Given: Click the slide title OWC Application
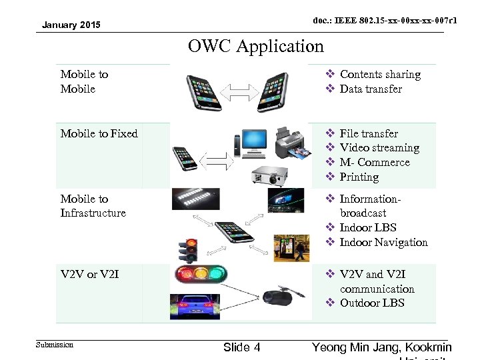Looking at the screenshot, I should [255, 46].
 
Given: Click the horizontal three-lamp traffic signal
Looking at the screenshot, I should [201, 274].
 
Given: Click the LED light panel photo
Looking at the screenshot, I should [196, 198].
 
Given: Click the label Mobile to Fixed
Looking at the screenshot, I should [99, 133].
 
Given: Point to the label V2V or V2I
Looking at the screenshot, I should [90, 274].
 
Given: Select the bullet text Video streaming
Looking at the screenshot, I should [379, 148].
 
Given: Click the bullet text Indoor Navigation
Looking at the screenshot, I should [383, 242].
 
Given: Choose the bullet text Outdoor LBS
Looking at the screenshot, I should [372, 303].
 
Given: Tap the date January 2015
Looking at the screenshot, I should [71, 25].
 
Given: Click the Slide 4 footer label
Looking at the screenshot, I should [241, 347].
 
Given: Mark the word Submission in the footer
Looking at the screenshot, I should [55, 345].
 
